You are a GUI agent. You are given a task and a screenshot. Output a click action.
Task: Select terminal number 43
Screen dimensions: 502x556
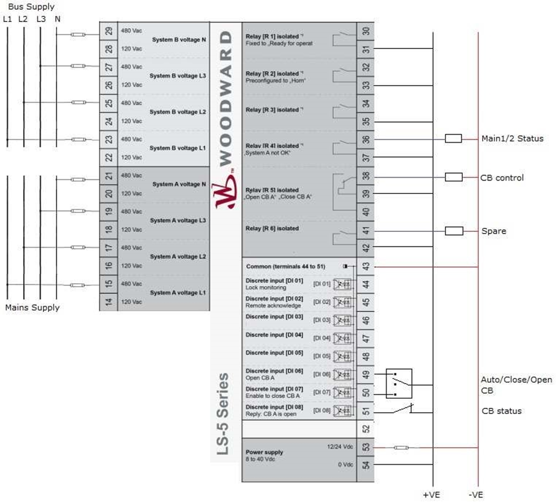pyautogui.click(x=365, y=266)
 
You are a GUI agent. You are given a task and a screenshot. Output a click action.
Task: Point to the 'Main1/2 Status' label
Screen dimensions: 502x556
pyautogui.click(x=512, y=139)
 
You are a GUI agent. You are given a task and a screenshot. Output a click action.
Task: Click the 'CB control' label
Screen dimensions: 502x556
pyautogui.click(x=502, y=178)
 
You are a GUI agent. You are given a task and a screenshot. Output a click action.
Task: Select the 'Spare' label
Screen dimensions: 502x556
pyautogui.click(x=493, y=231)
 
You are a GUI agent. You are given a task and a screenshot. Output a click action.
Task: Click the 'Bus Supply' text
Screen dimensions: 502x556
pyautogui.click(x=31, y=7)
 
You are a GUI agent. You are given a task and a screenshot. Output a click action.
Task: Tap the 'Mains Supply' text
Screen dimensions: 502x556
pyautogui.click(x=32, y=307)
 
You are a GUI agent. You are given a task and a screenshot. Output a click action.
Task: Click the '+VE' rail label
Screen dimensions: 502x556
pyautogui.click(x=432, y=495)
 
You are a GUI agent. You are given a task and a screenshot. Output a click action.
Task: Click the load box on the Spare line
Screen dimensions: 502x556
pyautogui.click(x=454, y=231)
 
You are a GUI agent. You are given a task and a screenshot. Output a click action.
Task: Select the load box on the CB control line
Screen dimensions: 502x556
pyautogui.click(x=454, y=178)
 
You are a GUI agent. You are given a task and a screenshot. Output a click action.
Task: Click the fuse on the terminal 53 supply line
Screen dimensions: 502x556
pyautogui.click(x=401, y=448)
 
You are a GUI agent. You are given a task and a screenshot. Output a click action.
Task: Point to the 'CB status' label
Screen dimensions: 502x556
pyautogui.click(x=501, y=411)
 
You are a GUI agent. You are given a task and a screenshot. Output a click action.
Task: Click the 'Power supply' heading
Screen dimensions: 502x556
pyautogui.click(x=264, y=452)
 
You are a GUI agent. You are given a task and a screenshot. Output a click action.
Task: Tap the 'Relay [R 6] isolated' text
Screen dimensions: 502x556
pyautogui.click(x=273, y=229)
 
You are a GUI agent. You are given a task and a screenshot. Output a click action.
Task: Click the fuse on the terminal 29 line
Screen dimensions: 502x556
pyautogui.click(x=78, y=35)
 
